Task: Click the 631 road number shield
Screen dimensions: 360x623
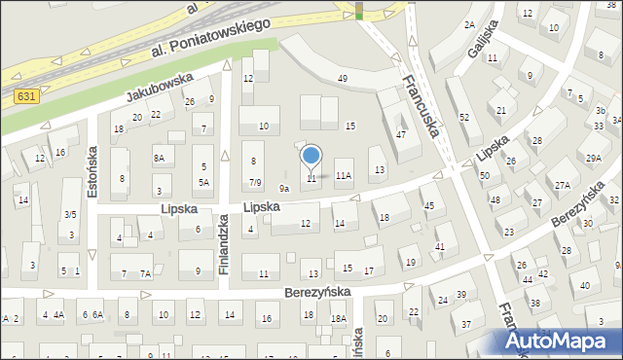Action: pos(26,96)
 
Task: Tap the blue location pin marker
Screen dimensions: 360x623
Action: pos(311,156)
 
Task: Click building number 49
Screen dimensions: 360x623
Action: pos(342,78)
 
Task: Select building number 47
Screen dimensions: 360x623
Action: pos(401,134)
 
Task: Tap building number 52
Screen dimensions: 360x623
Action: pos(464,117)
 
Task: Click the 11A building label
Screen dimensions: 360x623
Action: pos(343,176)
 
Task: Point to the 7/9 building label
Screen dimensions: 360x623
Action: pos(254,182)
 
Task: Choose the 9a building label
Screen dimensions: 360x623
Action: pos(284,188)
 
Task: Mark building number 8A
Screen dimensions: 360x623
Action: pos(159,157)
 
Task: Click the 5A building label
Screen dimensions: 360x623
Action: pos(204,182)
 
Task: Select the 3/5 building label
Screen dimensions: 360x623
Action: pos(70,214)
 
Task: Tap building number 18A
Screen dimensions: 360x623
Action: pos(338,318)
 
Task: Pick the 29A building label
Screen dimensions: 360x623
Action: pos(592,158)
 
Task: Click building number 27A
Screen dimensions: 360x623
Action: pos(563,185)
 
